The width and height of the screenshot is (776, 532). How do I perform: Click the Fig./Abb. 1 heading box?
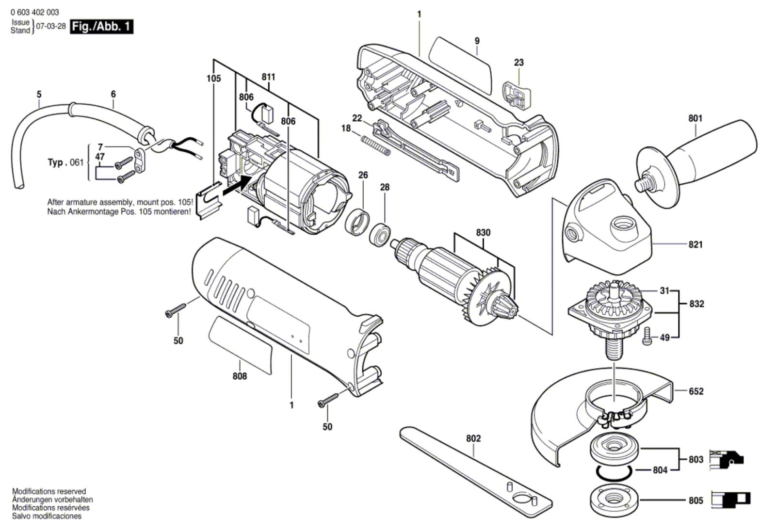coord(101,27)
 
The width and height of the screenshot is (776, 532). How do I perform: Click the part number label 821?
coord(695,245)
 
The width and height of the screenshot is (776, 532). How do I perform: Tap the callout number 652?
coord(695,391)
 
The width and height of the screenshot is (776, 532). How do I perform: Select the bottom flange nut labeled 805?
coord(614,500)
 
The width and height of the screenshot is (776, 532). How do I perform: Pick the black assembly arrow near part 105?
coord(237,186)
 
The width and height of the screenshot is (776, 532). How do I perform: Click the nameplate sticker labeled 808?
coord(240,344)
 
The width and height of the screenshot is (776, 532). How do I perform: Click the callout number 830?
coord(483,233)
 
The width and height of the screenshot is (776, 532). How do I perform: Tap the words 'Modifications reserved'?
coord(49,491)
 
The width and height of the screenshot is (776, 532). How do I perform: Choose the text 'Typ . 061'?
coord(65,162)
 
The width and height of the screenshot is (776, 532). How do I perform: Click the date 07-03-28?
coord(51,27)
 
